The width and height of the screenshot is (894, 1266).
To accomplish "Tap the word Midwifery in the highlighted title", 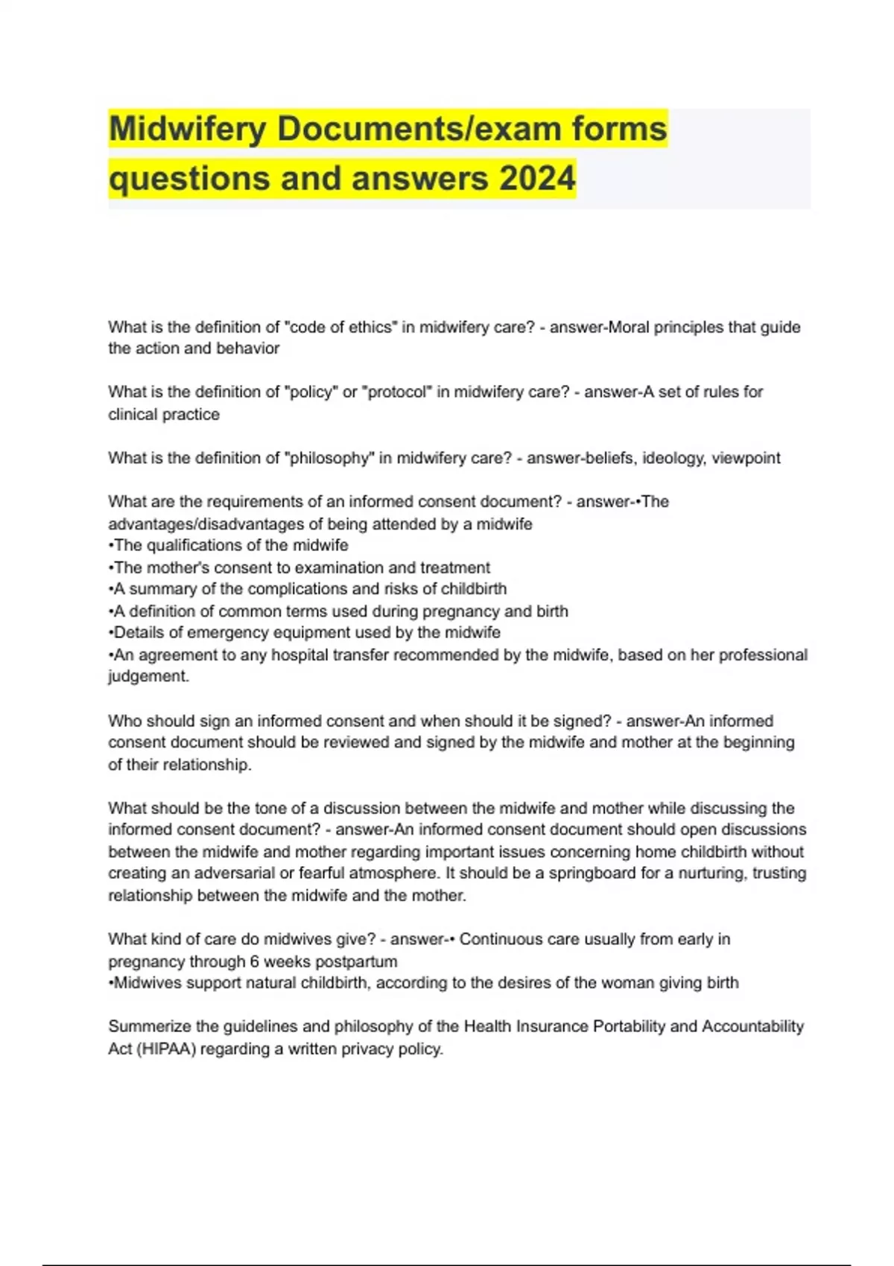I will click(188, 129).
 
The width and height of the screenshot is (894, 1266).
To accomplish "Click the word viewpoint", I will click(746, 458).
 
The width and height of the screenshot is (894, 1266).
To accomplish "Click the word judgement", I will click(148, 676).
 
